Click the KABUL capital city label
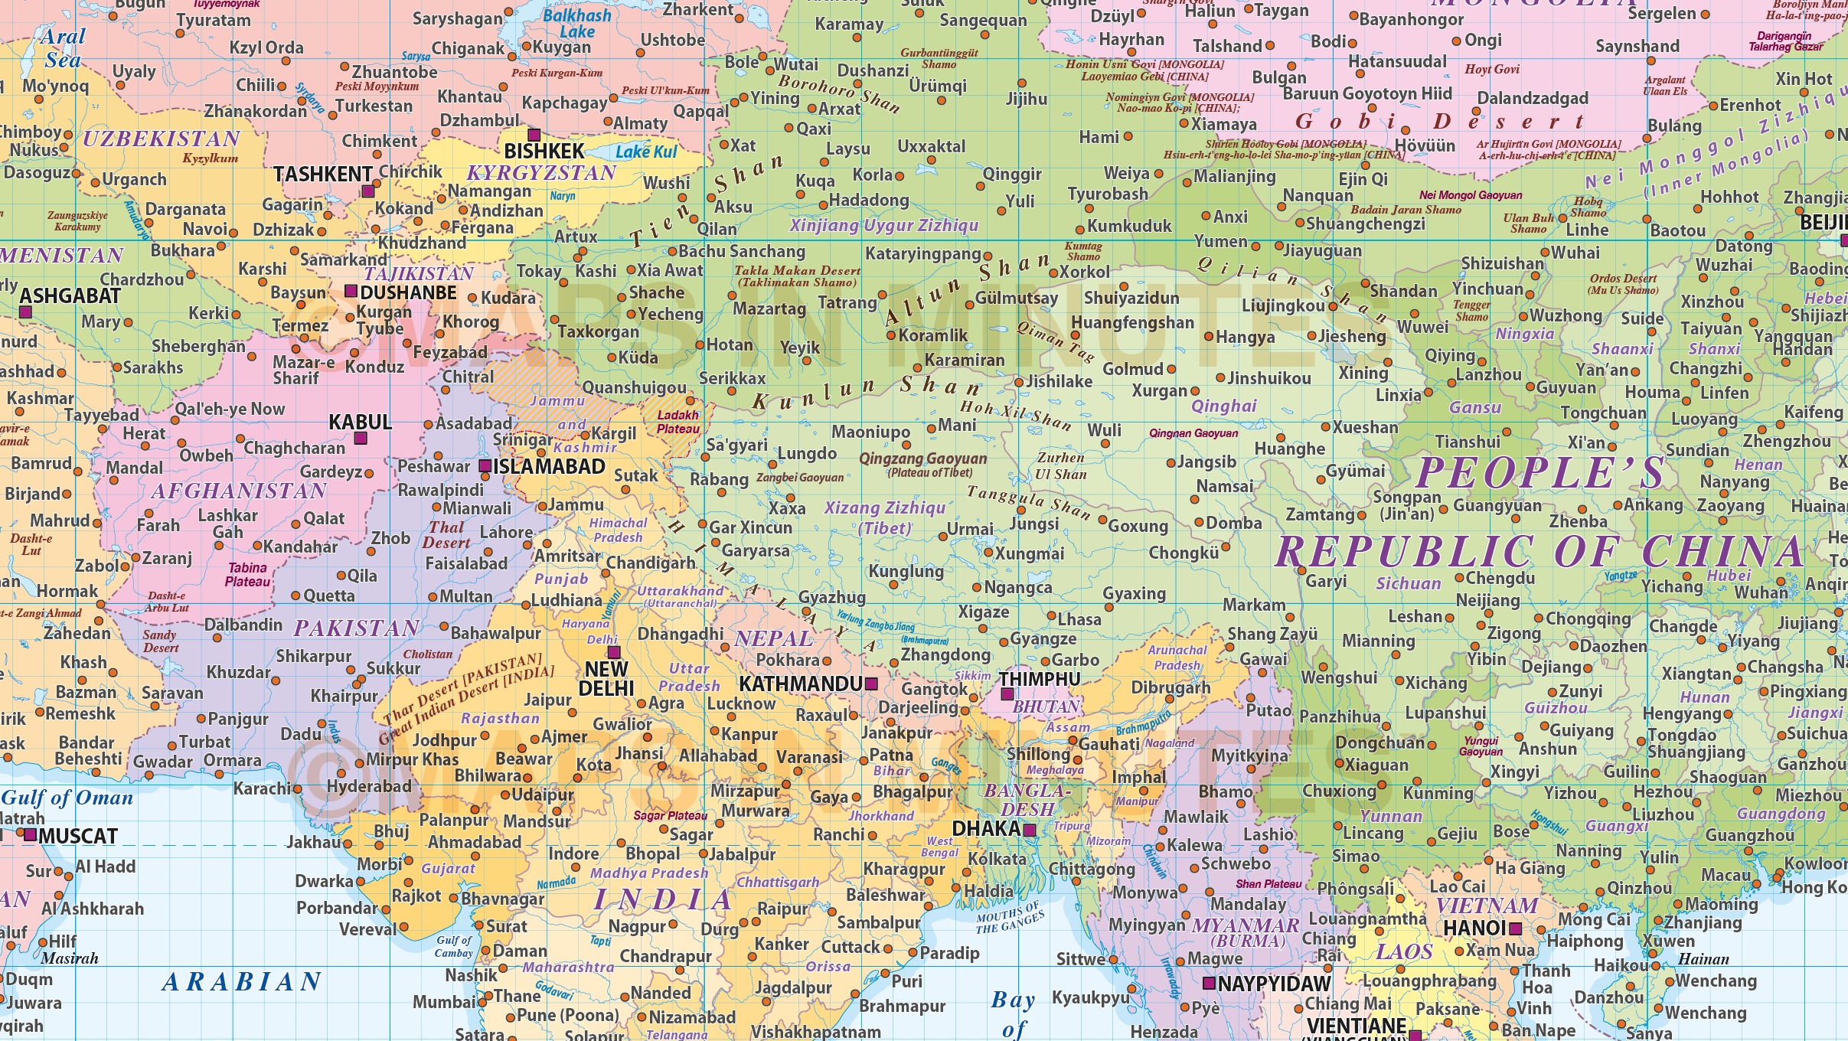point(360,422)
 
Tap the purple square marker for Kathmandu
point(871,684)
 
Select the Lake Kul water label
point(647,152)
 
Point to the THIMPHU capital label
point(1039,679)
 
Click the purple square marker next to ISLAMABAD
point(485,466)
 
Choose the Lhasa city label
point(1079,618)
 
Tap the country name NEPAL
point(773,638)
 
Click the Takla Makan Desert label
point(797,276)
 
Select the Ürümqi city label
point(938,86)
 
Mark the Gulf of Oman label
point(67,798)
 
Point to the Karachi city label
point(262,788)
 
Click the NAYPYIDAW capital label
point(1274,984)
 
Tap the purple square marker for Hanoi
point(1515,929)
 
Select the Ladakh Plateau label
point(678,422)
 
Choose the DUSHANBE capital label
point(408,292)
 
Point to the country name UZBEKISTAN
point(162,139)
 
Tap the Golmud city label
point(1132,369)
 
